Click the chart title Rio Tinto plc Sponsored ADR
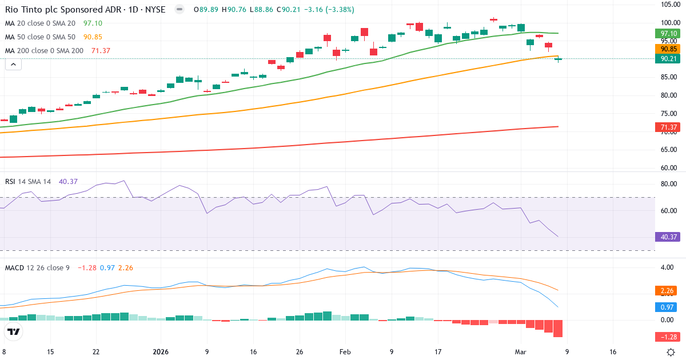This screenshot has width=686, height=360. click(x=57, y=10)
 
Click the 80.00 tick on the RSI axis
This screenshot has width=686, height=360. click(x=668, y=184)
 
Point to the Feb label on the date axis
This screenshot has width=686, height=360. click(x=345, y=352)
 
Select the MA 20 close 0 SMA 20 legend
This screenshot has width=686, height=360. click(x=40, y=23)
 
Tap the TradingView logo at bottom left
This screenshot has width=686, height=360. click(x=14, y=332)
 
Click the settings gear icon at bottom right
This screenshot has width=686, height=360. click(x=672, y=352)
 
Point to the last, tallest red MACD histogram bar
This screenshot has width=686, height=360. click(x=558, y=329)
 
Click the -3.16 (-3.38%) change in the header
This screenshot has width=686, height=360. click(x=329, y=10)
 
